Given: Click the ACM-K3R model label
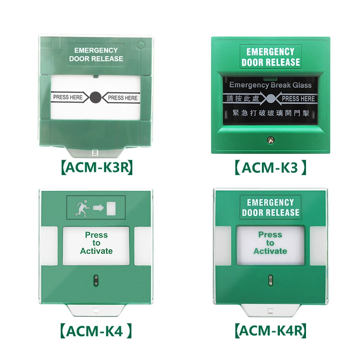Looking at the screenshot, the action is click(x=97, y=167).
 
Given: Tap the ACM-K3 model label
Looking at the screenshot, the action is click(x=270, y=167).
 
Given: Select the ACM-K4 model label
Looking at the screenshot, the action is click(x=96, y=331).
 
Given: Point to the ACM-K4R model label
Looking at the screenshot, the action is click(x=271, y=331).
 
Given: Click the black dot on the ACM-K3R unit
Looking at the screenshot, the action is click(x=95, y=97).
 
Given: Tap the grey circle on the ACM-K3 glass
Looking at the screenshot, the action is click(x=271, y=99).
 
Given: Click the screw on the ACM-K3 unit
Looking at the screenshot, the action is click(x=271, y=140).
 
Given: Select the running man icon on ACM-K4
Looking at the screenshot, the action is click(x=82, y=208).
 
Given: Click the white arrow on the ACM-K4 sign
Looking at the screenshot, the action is click(x=98, y=208).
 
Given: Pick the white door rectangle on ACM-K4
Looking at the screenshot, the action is click(x=111, y=208).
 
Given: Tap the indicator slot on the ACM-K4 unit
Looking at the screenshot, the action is click(x=96, y=280).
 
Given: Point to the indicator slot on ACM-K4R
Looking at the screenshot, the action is click(x=271, y=280).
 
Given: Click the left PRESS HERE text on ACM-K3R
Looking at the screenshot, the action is click(x=68, y=97).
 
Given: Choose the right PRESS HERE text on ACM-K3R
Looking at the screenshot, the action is click(x=123, y=98).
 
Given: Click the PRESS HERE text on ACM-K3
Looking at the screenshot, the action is click(x=298, y=99).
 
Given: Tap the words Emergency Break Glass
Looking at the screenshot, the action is click(x=270, y=85).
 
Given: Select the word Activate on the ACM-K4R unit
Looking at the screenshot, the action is click(x=270, y=251).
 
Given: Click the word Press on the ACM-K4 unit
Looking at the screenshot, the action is click(x=96, y=235).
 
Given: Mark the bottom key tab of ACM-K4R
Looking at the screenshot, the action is click(x=270, y=310).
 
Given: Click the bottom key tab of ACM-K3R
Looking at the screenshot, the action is click(x=95, y=152).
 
